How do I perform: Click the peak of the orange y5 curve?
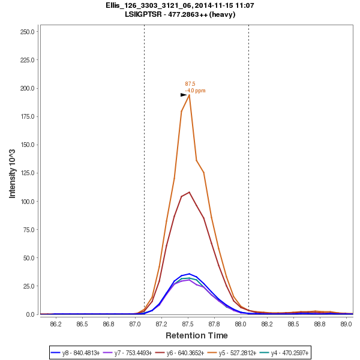(189, 95)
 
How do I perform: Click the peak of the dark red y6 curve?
(189, 192)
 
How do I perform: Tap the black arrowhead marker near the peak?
(184, 95)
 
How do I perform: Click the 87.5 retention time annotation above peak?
(190, 84)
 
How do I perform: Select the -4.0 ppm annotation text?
(195, 91)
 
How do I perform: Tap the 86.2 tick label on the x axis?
(56, 324)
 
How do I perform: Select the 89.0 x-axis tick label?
(346, 324)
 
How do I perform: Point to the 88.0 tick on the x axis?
(241, 324)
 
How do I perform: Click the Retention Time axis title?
(196, 335)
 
